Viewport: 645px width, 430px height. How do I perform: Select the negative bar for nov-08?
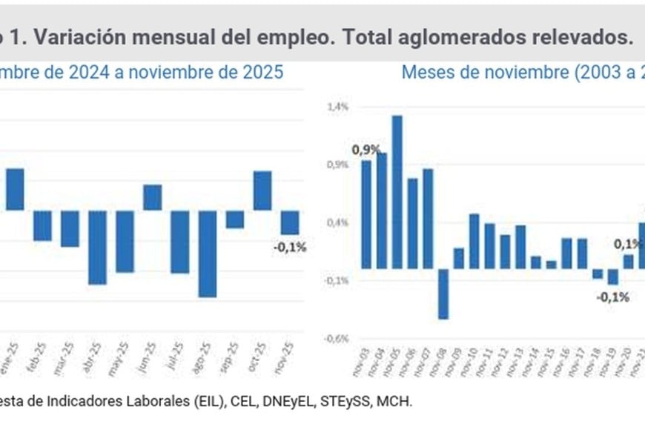[443, 294]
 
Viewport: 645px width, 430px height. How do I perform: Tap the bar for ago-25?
[208, 254]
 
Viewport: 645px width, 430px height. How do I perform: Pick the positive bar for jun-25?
[153, 197]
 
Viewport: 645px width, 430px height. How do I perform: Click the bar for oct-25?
[262, 191]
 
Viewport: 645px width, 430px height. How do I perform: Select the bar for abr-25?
[98, 247]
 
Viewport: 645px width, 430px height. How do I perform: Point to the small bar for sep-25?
[235, 219]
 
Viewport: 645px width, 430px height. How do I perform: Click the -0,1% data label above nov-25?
[290, 248]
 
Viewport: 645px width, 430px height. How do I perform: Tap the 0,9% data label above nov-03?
[365, 150]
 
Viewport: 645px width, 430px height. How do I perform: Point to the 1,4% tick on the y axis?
[337, 107]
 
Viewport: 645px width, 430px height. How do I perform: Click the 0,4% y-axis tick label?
[337, 222]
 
